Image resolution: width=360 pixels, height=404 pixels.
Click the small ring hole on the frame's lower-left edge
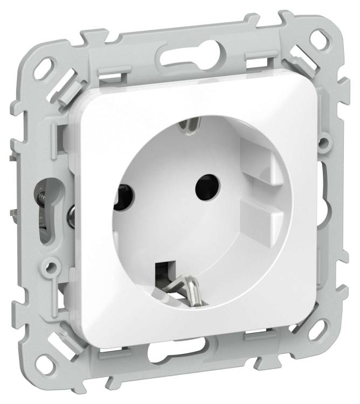51,266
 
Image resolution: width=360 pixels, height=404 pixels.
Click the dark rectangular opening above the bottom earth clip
162,268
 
